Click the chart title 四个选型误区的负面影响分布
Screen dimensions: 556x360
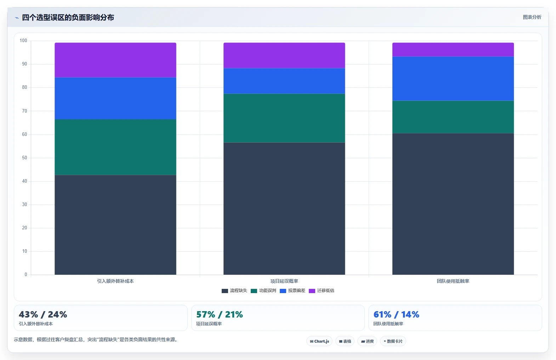tap(68, 17)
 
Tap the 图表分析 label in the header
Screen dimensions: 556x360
tap(532, 17)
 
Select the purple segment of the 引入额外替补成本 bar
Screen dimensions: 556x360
tap(115, 60)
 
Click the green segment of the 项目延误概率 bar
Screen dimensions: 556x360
tap(284, 118)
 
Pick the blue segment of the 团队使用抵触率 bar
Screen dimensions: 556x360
tap(453, 79)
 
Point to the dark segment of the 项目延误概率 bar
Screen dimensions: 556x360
tap(284, 208)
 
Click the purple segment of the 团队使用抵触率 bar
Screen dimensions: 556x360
tap(453, 50)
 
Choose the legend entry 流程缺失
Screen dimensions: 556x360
tap(234, 291)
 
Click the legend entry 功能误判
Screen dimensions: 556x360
tap(263, 291)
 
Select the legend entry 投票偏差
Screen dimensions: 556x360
tap(293, 291)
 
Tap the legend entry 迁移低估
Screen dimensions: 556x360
tap(322, 291)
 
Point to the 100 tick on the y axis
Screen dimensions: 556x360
tap(23, 40)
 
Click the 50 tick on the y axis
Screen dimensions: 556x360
tap(24, 158)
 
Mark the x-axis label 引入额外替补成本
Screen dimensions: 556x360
tap(115, 281)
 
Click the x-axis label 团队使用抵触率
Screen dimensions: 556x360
tap(453, 281)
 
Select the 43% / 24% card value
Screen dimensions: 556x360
tap(43, 314)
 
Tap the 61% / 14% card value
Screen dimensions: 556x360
tap(396, 314)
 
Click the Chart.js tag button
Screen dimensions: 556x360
tap(319, 341)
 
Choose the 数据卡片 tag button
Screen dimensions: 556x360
tap(393, 341)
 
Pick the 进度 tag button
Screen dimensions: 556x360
tap(367, 341)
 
